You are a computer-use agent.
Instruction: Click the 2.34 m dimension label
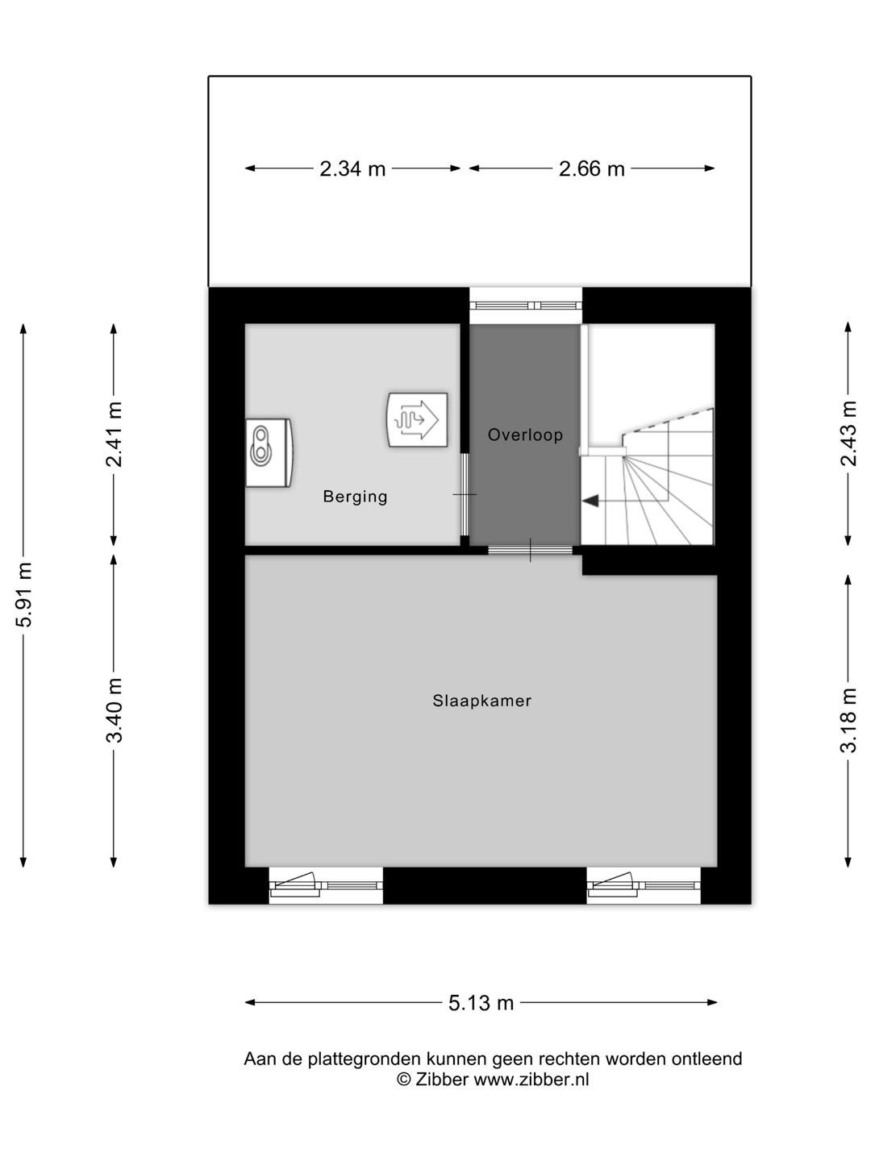click(x=352, y=169)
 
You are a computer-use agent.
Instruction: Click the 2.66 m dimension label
click(x=592, y=169)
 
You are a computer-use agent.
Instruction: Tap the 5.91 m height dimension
click(x=24, y=594)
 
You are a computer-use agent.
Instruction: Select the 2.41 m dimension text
click(x=115, y=435)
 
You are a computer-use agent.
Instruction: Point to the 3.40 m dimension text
click(x=115, y=709)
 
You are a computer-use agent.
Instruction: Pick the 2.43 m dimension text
click(x=848, y=433)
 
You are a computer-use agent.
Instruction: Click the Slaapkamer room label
click(x=481, y=701)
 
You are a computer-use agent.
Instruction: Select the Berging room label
click(x=356, y=497)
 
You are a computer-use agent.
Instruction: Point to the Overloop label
click(x=525, y=435)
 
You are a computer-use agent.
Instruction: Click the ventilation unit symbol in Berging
click(x=418, y=421)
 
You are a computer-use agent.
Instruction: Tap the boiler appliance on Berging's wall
click(x=269, y=453)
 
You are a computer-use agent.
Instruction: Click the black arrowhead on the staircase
click(x=590, y=500)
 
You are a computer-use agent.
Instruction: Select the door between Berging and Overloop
click(x=464, y=494)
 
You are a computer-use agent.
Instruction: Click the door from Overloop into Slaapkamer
click(x=530, y=550)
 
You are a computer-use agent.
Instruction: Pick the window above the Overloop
click(x=526, y=306)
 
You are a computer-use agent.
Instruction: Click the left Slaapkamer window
click(x=326, y=885)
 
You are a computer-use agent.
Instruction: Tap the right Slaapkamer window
click(x=644, y=885)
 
